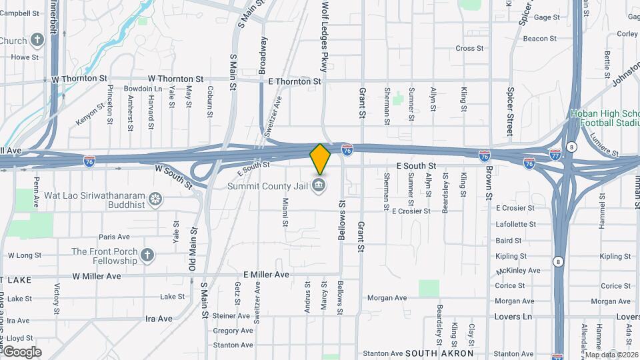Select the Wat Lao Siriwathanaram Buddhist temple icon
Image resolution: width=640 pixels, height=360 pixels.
tap(155, 198)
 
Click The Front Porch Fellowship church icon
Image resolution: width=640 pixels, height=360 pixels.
tap(147, 254)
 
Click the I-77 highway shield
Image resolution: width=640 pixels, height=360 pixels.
tap(555, 154)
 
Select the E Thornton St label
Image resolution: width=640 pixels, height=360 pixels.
tap(295, 81)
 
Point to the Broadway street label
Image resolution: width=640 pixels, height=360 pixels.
tap(263, 54)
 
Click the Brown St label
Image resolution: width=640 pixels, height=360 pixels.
tap(488, 181)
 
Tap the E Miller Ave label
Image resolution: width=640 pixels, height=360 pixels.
tap(266, 275)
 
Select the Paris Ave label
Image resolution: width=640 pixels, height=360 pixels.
tap(114, 237)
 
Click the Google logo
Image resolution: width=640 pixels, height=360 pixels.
tap(21, 351)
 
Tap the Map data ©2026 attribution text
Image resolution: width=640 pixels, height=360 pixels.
tap(611, 355)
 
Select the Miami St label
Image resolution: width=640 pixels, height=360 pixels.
tap(285, 211)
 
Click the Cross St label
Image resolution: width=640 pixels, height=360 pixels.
tap(469, 48)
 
